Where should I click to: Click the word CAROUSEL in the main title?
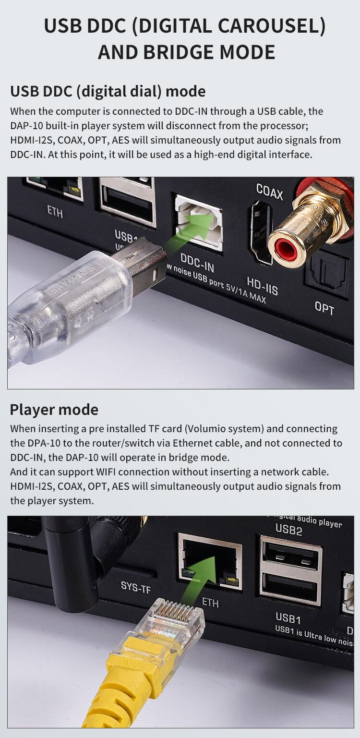coord(266,26)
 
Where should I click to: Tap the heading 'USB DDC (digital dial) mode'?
coord(108,91)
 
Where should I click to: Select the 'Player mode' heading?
coord(54,410)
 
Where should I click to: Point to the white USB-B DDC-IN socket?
coord(199,222)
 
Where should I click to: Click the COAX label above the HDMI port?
coord(269,192)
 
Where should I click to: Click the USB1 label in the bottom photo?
coord(288,618)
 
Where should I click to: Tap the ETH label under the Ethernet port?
coord(210,603)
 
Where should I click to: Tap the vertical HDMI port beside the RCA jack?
coord(262,232)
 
